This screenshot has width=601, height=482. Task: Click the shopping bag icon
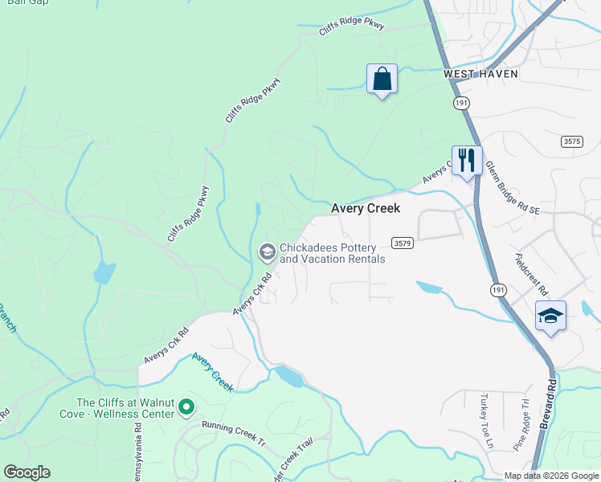(382, 80)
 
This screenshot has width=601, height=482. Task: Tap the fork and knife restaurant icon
(466, 159)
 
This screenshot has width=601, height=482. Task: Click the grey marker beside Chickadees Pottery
(266, 253)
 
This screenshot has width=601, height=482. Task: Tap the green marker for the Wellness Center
(186, 408)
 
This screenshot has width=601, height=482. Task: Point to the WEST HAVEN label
(480, 73)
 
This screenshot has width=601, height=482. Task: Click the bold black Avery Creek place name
(366, 209)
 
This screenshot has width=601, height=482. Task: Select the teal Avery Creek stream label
(213, 373)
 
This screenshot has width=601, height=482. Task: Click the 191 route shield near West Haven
(460, 103)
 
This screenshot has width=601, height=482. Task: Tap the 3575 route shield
(571, 141)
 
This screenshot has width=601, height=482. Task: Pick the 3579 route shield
(403, 242)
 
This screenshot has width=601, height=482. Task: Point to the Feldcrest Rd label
(530, 274)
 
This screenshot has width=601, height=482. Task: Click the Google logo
(27, 472)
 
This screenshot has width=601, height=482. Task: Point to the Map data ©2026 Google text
(551, 476)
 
